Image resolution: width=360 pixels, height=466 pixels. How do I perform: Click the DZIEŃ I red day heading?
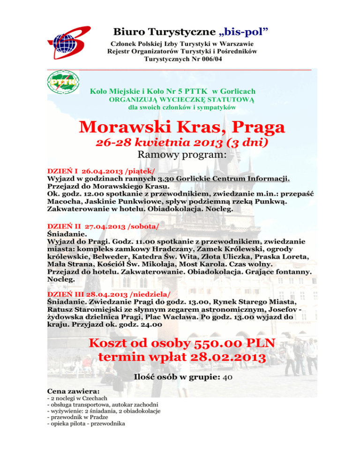pyautogui.click(x=65, y=172)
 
